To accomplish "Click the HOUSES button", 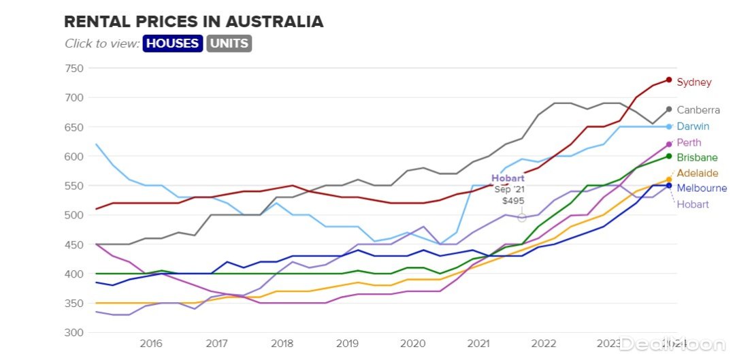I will [x=173, y=44].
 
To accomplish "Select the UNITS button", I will [x=229, y=44].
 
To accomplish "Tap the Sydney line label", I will [x=693, y=82].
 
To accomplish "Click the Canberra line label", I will [x=698, y=110].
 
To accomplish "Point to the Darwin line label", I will [x=693, y=127].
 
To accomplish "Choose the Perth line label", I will [x=689, y=143].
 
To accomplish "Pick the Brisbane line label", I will [x=697, y=158].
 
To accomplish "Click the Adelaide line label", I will [x=697, y=174].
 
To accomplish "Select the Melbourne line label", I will [x=702, y=189].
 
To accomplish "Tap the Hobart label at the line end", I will [x=693, y=204].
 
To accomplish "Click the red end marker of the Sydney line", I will [x=669, y=80].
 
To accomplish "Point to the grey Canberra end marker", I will [x=669, y=109].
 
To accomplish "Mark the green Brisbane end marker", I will [x=669, y=157].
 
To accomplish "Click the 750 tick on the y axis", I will [x=74, y=68].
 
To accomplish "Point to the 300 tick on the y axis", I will [x=74, y=332].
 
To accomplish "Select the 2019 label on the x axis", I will [x=346, y=344].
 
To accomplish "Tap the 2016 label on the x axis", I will [x=150, y=344].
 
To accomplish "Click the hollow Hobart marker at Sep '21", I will [x=522, y=218].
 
